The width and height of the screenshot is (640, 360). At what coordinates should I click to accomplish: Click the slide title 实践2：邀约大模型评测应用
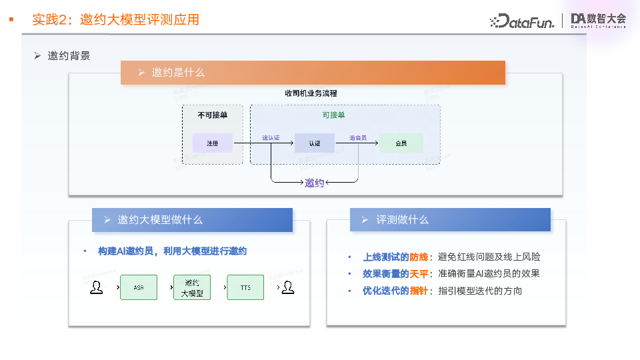point(116,20)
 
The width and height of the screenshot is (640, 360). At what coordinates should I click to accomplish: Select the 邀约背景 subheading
point(69,56)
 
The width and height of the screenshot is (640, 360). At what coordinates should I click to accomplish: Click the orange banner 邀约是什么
point(313,73)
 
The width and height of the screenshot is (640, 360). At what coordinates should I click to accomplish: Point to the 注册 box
point(212,143)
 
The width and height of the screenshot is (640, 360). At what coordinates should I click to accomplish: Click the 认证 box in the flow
point(314,143)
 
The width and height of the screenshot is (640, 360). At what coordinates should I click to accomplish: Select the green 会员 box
point(401,143)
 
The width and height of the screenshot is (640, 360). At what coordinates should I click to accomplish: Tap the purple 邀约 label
point(314,183)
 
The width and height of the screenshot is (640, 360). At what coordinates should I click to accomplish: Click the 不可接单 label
point(212,115)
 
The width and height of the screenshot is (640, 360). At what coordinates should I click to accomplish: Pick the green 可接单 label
point(333,115)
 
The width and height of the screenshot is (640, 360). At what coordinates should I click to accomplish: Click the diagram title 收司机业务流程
point(311,93)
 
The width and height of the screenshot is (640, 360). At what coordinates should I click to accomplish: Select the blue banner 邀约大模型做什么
point(192,220)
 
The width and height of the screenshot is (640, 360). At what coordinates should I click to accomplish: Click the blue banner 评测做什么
point(450,220)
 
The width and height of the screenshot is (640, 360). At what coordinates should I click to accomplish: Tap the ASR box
point(139,287)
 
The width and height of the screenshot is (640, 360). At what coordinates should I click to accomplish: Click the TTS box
point(245,287)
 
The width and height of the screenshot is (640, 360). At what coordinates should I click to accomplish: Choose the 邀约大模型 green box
point(192,287)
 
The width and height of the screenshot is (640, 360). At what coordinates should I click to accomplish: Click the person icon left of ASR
point(97,287)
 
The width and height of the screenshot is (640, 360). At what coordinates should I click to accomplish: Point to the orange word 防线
point(418,257)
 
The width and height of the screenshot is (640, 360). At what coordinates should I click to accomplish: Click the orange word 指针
point(418,291)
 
